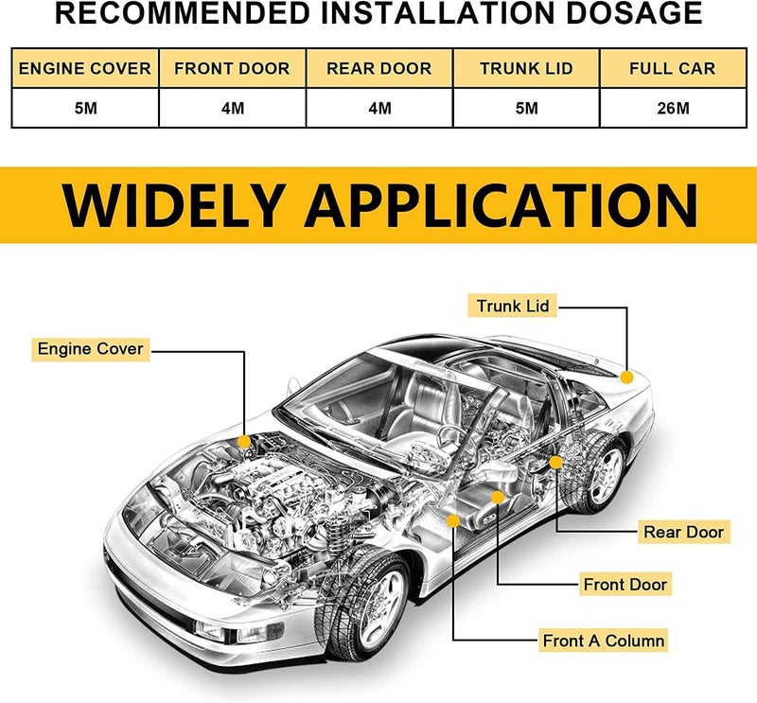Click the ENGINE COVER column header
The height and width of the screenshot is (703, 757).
pyautogui.click(x=85, y=68)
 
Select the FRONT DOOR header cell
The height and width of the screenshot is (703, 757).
pyautogui.click(x=232, y=68)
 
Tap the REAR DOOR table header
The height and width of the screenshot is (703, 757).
pyautogui.click(x=379, y=68)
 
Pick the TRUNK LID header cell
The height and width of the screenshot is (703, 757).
pyautogui.click(x=526, y=68)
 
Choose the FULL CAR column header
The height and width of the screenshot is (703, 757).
pyautogui.click(x=673, y=68)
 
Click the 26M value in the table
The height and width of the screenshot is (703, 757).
pyautogui.click(x=673, y=108)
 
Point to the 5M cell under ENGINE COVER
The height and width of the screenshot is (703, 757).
pyautogui.click(x=86, y=108)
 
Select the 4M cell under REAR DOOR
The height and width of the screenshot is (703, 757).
pyautogui.click(x=380, y=108)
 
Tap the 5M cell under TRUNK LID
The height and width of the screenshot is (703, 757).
pyautogui.click(x=527, y=108)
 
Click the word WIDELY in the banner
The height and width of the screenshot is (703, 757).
pyautogui.click(x=173, y=205)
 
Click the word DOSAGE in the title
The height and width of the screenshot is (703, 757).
pyautogui.click(x=634, y=13)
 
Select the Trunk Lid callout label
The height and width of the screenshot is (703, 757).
pyautogui.click(x=512, y=306)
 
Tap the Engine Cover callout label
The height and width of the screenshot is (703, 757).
pyautogui.click(x=91, y=349)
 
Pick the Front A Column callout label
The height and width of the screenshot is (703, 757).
pyautogui.click(x=604, y=641)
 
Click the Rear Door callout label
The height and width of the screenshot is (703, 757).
pyautogui.click(x=683, y=532)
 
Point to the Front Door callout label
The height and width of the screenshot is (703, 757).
pyautogui.click(x=625, y=584)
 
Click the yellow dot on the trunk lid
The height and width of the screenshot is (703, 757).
pyautogui.click(x=627, y=378)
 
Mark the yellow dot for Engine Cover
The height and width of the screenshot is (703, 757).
pyautogui.click(x=244, y=441)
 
